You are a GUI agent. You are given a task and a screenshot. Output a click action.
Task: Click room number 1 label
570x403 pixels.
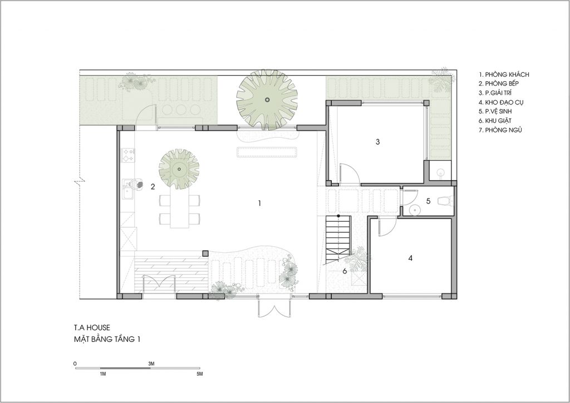pyautogui.click(x=259, y=203)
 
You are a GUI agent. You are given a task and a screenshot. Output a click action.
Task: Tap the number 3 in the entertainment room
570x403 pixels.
pyautogui.click(x=378, y=142)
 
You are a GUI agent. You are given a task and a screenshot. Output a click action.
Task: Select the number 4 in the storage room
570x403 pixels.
pyautogui.click(x=410, y=258)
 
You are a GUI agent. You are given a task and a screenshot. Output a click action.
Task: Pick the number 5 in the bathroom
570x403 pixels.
pyautogui.click(x=428, y=201)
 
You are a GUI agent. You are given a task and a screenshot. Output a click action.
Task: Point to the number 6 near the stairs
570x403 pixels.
pyautogui.click(x=345, y=271)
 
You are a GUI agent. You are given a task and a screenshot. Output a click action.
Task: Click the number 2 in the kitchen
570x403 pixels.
pyautogui.click(x=153, y=187)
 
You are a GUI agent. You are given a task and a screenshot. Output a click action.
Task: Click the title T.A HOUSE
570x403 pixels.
pyautogui.click(x=92, y=327)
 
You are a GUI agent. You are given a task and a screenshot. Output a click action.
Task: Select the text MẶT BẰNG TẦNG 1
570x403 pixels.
pyautogui.click(x=107, y=340)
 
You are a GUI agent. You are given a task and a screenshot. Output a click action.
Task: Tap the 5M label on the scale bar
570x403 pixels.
pyautogui.click(x=199, y=374)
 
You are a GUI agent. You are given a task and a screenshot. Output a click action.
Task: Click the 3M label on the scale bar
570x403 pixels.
pyautogui.click(x=151, y=364)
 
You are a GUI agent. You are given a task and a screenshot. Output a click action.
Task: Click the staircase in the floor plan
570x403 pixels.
pyautogui.click(x=338, y=240)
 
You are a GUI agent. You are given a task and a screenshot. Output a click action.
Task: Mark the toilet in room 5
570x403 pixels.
pyautogui.click(x=445, y=200)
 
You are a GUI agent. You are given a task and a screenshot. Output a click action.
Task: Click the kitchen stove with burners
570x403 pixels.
pyautogui.click(x=128, y=155)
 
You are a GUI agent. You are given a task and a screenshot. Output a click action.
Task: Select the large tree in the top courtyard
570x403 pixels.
pyautogui.click(x=267, y=100)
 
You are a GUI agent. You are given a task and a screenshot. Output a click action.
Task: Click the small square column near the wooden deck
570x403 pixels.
pyautogui.click(x=205, y=253)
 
